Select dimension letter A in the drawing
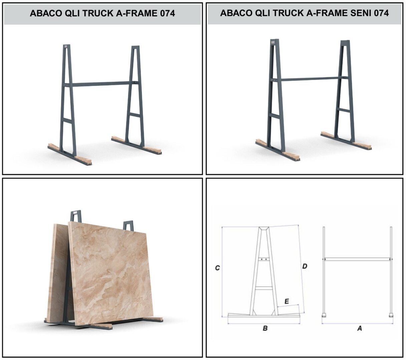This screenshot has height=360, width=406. tap(359, 328)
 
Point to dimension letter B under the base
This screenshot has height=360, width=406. tap(265, 328)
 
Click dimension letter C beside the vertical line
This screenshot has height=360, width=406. tap(217, 268)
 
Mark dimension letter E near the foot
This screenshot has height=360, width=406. tap(287, 302)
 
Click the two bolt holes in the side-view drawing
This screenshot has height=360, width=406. tap(264, 259)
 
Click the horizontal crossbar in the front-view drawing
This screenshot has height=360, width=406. tap(357, 259)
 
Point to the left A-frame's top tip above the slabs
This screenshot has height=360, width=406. tap(76, 215)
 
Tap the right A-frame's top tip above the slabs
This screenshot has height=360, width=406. tap(128, 224)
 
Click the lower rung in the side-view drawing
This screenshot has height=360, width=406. tap(264, 288)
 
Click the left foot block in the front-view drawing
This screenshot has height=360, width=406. tap(324, 315)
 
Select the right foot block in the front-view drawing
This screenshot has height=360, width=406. tap(391, 315)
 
